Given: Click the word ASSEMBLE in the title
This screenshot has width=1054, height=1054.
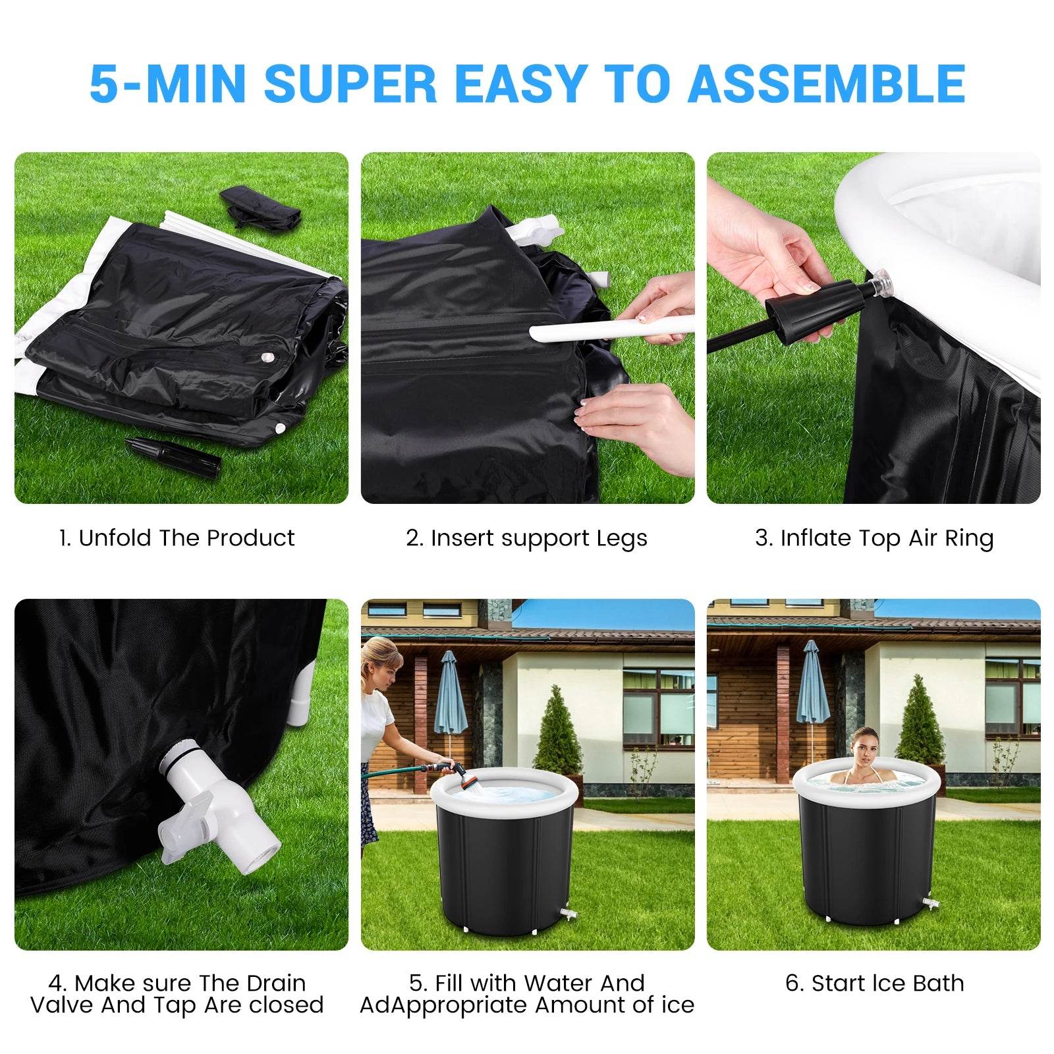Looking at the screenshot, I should (x=826, y=84).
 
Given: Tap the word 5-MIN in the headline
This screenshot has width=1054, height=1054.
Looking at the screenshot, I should (x=167, y=84).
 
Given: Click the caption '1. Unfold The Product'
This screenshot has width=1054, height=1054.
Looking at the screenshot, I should (x=176, y=538).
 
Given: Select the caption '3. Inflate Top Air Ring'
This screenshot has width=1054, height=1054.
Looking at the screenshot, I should (x=874, y=538).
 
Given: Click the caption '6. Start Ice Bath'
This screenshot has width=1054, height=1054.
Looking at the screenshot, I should (x=874, y=983).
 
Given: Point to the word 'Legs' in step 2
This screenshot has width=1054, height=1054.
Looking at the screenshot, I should (x=622, y=538).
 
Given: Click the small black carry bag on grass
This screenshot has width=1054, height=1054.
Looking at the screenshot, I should (x=260, y=206).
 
